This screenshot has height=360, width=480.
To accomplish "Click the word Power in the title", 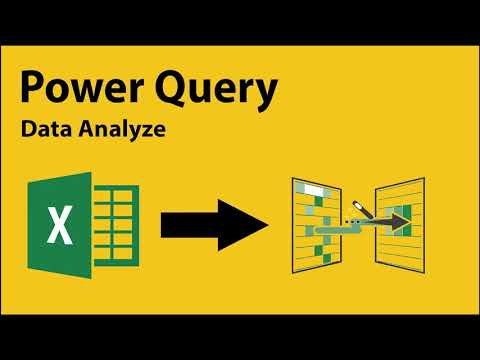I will pyautogui.click(x=80, y=92).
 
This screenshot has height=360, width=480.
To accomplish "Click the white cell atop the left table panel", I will pyautogui.click(x=315, y=189).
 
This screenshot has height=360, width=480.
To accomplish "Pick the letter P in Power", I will pyautogui.click(x=33, y=91).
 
